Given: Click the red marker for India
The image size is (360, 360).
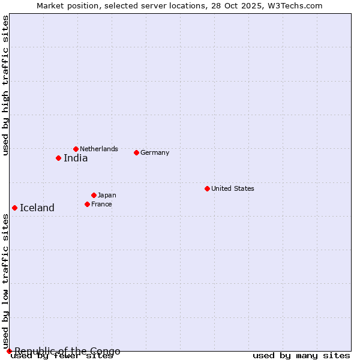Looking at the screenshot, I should (x=58, y=158).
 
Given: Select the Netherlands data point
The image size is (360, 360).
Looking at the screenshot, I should (x=76, y=149).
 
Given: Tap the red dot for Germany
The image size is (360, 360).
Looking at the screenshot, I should (x=136, y=152).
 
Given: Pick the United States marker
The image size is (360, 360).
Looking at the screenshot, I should (x=207, y=188).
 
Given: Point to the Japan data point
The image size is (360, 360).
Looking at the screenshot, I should (x=94, y=195).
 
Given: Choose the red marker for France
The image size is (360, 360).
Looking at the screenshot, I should (x=87, y=204).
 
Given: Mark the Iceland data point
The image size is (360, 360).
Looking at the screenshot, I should (x=14, y=208).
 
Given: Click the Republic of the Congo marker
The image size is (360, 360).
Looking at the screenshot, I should (x=9, y=351).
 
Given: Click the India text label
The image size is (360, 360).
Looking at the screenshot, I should (x=76, y=158).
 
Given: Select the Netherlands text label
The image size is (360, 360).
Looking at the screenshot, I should (x=99, y=149).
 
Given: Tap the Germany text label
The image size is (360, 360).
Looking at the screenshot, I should (x=155, y=152).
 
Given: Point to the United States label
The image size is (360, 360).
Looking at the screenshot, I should (x=233, y=188).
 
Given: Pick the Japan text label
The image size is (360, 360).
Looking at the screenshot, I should (x=107, y=195).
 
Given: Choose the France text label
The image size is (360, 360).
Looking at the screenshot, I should (x=101, y=204).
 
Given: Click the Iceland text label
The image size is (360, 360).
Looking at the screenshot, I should (x=37, y=208).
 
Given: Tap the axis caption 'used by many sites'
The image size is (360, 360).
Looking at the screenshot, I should (x=301, y=356).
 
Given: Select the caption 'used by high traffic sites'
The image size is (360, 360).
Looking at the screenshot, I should (x=5, y=85).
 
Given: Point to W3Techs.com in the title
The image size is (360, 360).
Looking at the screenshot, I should (x=292, y=5).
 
